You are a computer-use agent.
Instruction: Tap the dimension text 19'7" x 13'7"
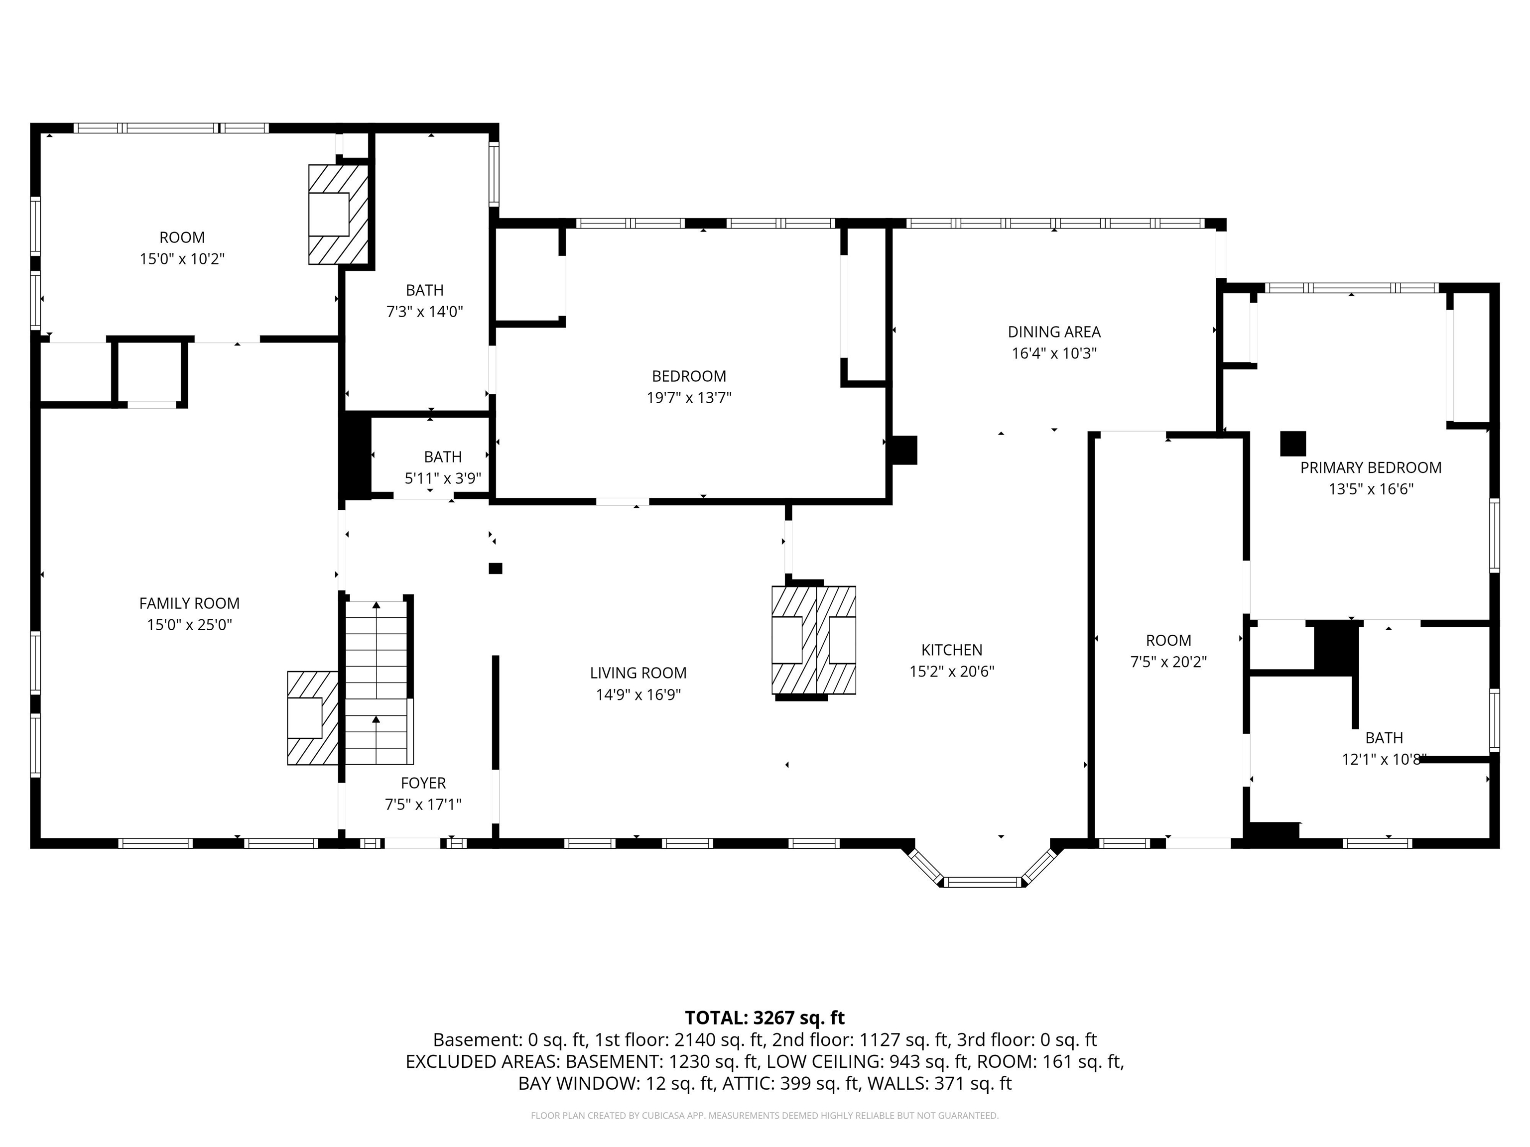pos(689,398)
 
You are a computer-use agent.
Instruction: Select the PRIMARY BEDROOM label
pos(1370,467)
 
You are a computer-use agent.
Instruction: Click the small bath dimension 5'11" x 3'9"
pos(443,478)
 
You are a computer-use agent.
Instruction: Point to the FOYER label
pos(423,783)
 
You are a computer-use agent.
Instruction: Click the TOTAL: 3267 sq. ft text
pos(765,1018)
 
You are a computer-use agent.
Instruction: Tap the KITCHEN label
pos(951,650)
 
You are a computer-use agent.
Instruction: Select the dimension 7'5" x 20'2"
pos(1168,662)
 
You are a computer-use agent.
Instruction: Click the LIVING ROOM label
pos(637,673)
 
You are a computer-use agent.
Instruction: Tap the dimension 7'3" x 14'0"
pos(424,312)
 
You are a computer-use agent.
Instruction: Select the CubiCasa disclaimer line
pos(765,1115)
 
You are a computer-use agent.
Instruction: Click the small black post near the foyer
pos(495,569)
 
